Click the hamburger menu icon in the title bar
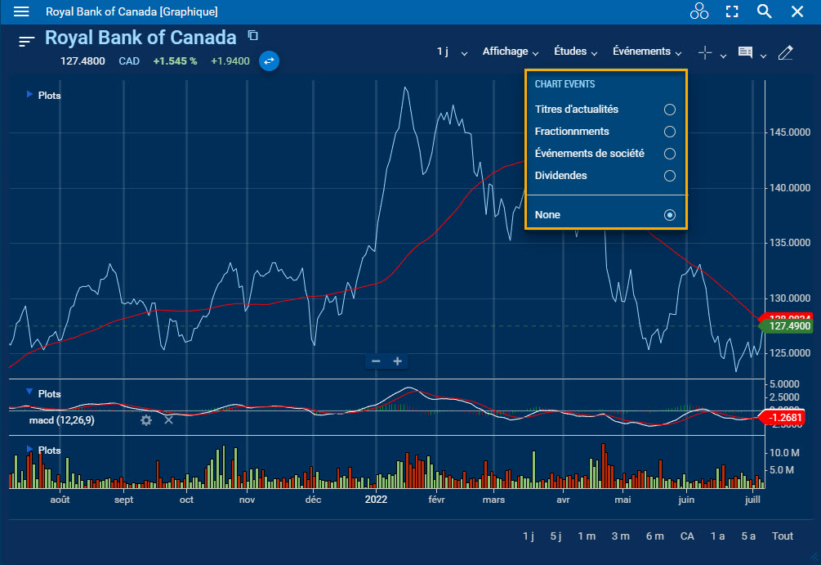[x=21, y=11]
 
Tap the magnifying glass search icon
[x=764, y=11]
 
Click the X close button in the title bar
[x=797, y=11]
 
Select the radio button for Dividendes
[x=669, y=175]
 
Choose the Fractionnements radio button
[x=669, y=131]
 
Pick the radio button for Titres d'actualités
[x=669, y=109]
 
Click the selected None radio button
[x=669, y=215]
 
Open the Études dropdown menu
[x=576, y=52]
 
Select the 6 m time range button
[x=654, y=536]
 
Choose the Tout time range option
[x=783, y=536]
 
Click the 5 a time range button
[x=748, y=536]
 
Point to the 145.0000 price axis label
[x=792, y=132]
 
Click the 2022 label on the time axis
[x=376, y=499]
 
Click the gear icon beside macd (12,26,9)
[x=146, y=419]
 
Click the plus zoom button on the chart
[x=398, y=361]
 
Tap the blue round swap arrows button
[x=269, y=61]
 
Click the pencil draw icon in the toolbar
[x=786, y=52]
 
